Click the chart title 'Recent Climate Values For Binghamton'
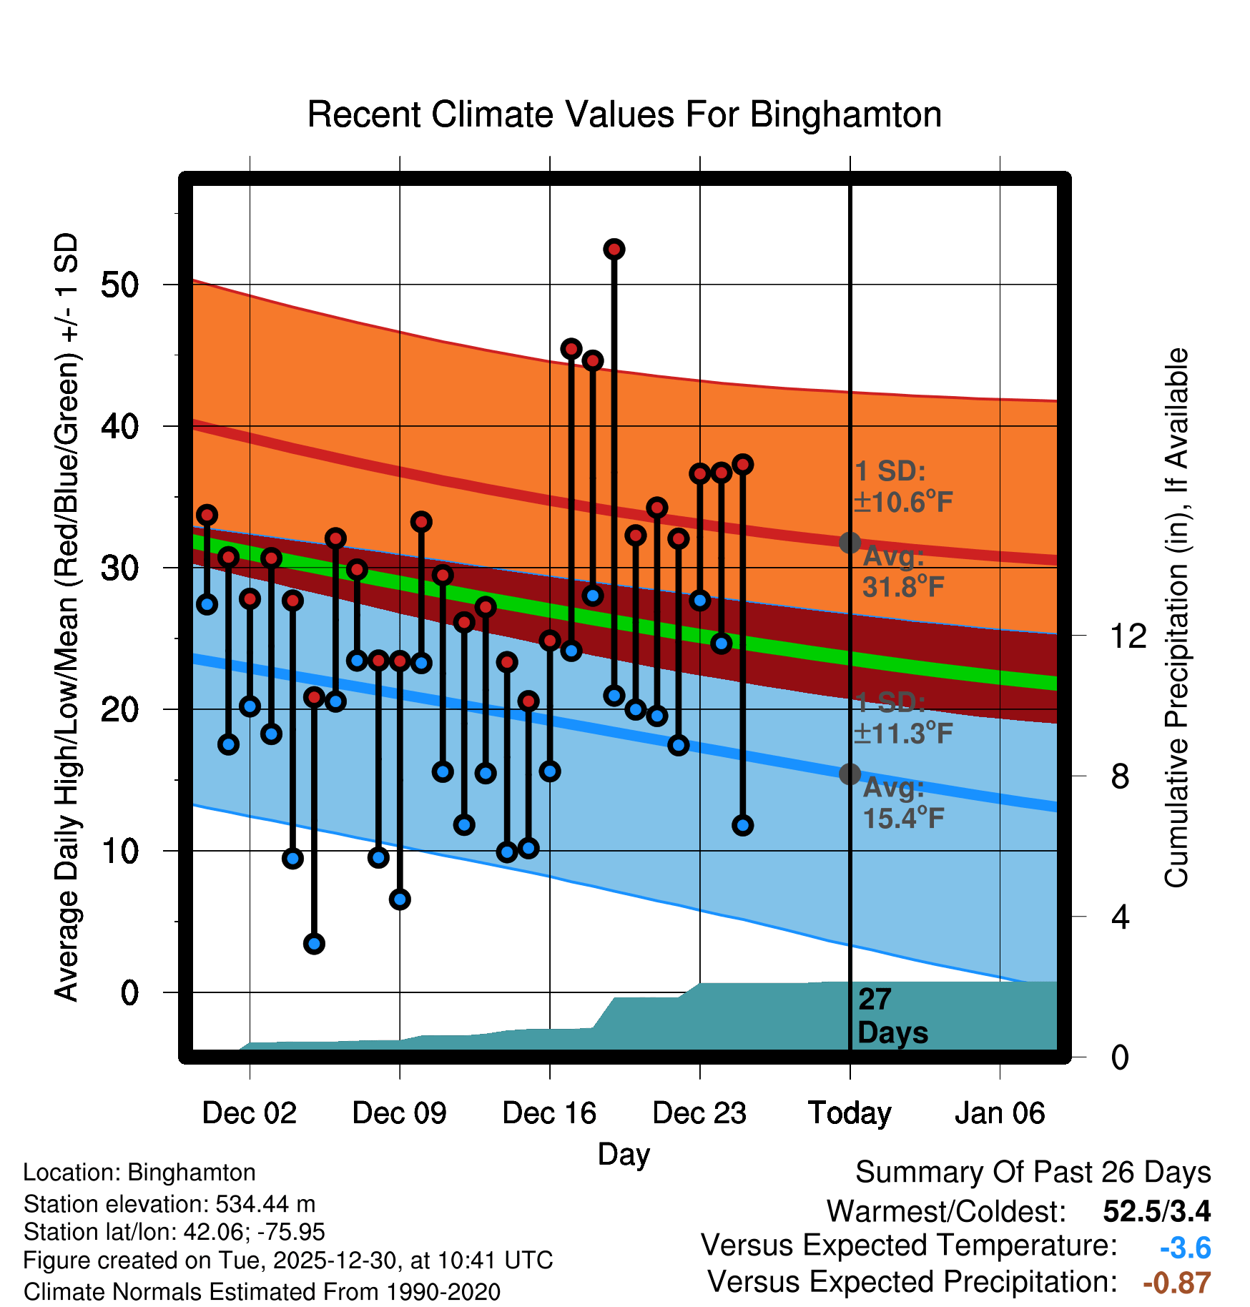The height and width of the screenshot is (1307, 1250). tap(624, 115)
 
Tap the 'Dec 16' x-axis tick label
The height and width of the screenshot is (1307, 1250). tap(549, 1113)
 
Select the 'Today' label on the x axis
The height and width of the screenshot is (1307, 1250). tap(850, 1113)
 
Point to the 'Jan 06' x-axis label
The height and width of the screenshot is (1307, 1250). tap(1000, 1113)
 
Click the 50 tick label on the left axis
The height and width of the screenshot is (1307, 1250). tap(119, 285)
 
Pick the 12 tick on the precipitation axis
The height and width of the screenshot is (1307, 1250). tap(1128, 636)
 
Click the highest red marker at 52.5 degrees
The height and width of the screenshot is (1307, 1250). tap(614, 250)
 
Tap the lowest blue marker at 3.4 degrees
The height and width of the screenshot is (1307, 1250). tap(314, 944)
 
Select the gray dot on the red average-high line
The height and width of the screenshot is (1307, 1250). tap(850, 543)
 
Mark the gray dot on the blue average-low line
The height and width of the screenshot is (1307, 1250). tap(850, 774)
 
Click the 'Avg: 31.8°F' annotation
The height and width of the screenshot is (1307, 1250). tap(902, 572)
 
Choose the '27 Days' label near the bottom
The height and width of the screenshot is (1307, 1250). tap(892, 1016)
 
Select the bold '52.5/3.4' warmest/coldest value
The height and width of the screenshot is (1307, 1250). tap(1156, 1211)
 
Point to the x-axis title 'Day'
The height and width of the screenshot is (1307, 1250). tap(624, 1154)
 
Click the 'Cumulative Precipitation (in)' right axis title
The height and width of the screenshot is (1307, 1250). tap(1176, 618)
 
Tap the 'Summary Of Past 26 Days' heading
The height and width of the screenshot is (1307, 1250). tap(1033, 1173)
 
